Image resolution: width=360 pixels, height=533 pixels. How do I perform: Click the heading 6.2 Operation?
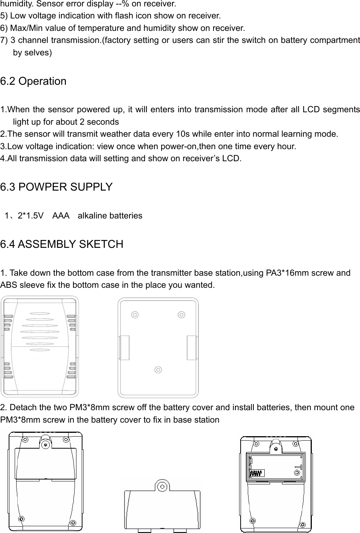pyautogui.click(x=33, y=81)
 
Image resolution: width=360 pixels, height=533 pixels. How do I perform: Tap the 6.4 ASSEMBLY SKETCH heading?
pyautogui.click(x=62, y=244)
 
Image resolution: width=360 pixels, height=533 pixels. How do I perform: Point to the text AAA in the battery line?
pyautogui.click(x=61, y=216)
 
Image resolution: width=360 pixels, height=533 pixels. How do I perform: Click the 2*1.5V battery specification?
pyautogui.click(x=30, y=216)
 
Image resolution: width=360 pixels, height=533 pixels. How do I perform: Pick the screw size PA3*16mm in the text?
pyautogui.click(x=280, y=273)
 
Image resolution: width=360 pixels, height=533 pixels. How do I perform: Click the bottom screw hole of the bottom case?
pyautogui.click(x=158, y=370)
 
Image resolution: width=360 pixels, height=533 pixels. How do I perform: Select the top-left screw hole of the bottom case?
pyautogui.click(x=134, y=315)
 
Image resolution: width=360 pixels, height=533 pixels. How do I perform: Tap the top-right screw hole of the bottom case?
pyautogui.click(x=182, y=315)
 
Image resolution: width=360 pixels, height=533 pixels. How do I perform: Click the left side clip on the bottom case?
pyautogui.click(x=124, y=347)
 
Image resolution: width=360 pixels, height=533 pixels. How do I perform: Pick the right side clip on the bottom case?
pyautogui.click(x=192, y=347)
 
